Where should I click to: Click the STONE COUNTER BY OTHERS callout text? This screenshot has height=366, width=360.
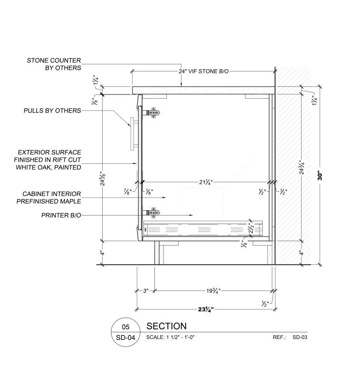(54, 64)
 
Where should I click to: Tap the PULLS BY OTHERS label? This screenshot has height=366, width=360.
(52, 111)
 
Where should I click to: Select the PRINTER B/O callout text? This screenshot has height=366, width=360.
(61, 215)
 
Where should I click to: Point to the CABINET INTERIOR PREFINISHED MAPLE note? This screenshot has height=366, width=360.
(49, 197)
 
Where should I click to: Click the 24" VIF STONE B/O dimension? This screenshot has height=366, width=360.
(204, 71)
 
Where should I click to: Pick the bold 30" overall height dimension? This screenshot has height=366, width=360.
(320, 176)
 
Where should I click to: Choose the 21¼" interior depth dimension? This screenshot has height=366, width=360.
(206, 182)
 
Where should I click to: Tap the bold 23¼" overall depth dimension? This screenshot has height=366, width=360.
(206, 310)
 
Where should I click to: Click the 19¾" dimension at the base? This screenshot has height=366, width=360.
(213, 291)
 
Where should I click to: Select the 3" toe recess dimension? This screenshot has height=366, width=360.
(146, 291)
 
